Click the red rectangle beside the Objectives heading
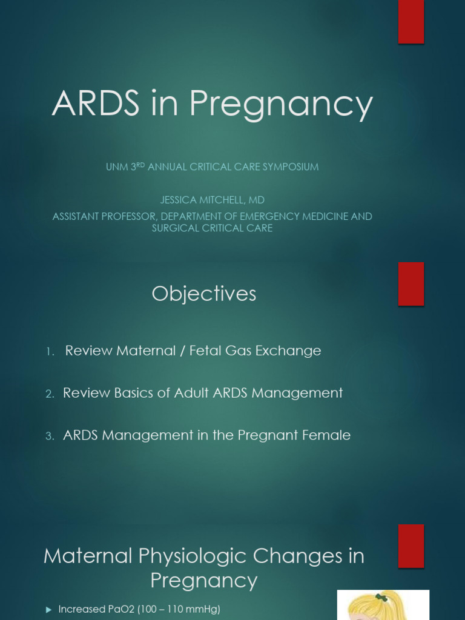point(411,283)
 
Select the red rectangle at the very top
point(411,22)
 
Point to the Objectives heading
point(204,294)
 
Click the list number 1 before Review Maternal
point(50,351)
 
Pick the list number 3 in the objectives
point(50,436)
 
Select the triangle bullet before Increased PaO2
point(49,610)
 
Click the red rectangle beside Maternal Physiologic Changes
point(411,546)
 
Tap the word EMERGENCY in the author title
point(267,216)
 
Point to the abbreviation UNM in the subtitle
point(116,167)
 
